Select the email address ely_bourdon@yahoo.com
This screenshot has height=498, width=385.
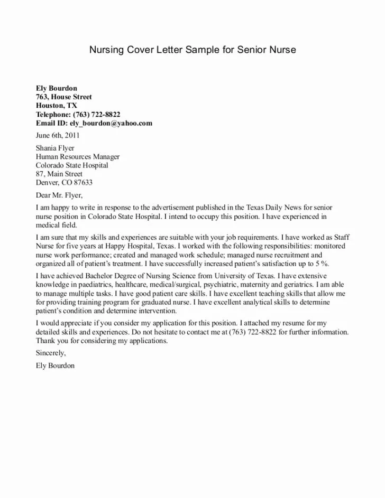[111, 123]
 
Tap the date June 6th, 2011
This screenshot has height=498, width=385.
[58, 135]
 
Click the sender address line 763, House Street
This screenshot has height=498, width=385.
[63, 97]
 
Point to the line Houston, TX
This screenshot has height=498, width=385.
[56, 106]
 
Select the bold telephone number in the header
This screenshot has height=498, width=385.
[100, 114]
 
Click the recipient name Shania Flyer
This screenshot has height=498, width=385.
[55, 148]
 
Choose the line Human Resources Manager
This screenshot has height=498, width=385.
[78, 157]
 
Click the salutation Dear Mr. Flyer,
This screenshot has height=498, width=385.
[59, 195]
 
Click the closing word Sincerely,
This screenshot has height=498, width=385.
[51, 353]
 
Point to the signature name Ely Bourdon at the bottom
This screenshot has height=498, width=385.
[55, 365]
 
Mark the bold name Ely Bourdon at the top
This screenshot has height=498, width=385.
[57, 88]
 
